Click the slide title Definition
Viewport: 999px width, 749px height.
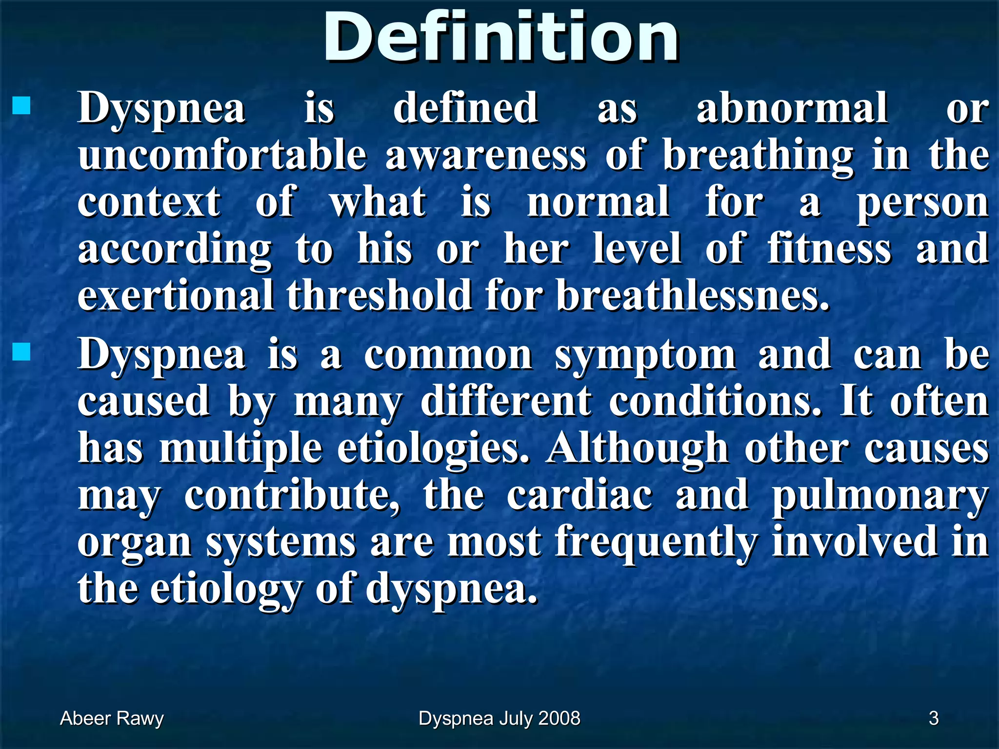pyautogui.click(x=501, y=38)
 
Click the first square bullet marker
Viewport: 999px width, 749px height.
pyautogui.click(x=21, y=105)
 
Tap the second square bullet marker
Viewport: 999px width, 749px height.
pyautogui.click(x=21, y=352)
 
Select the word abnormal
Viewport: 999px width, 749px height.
pyautogui.click(x=792, y=108)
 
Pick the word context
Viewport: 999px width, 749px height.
pyautogui.click(x=149, y=202)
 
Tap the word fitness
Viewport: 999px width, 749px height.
pyautogui.click(x=829, y=249)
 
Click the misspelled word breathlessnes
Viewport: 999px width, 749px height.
pyautogui.click(x=693, y=296)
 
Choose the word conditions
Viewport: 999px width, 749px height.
pyautogui.click(x=715, y=402)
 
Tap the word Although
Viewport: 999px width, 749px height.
pyautogui.click(x=637, y=449)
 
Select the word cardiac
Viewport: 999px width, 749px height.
pyautogui.click(x=579, y=495)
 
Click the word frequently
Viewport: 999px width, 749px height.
pyautogui.click(x=657, y=542)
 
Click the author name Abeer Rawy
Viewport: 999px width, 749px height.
pyautogui.click(x=112, y=718)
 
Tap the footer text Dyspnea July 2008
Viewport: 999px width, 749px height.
pyautogui.click(x=499, y=718)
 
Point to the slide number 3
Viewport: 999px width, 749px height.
pyautogui.click(x=934, y=718)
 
